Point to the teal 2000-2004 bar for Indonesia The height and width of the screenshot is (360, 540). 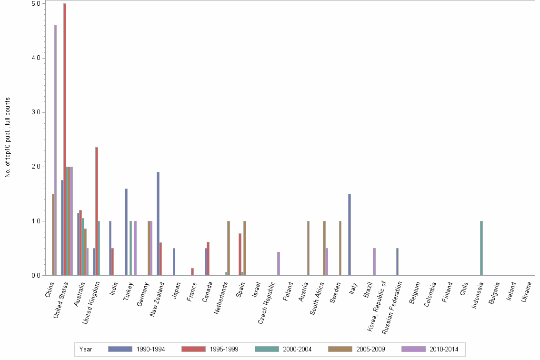pyautogui.click(x=481, y=248)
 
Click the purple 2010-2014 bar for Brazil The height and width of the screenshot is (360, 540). pyautogui.click(x=374, y=261)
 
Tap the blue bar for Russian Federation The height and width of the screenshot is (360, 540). pyautogui.click(x=397, y=261)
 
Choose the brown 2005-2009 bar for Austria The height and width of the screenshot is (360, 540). pyautogui.click(x=309, y=248)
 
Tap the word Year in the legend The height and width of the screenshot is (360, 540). pyautogui.click(x=86, y=350)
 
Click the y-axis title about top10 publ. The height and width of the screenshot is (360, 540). pyautogui.click(x=8, y=138)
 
